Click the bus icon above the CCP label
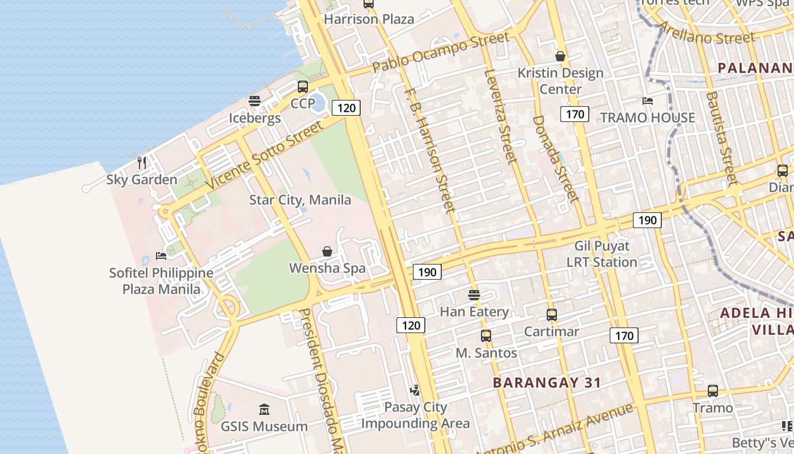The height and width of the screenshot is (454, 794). click(x=303, y=87)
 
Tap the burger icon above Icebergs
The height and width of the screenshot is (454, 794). click(x=255, y=102)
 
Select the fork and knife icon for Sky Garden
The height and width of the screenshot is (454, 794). click(x=142, y=163)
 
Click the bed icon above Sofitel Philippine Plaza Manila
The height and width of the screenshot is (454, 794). click(x=161, y=256)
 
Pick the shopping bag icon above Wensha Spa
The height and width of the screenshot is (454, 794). click(x=327, y=251)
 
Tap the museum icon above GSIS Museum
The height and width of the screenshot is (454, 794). click(x=264, y=409)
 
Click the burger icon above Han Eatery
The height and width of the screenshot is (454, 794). click(x=474, y=295)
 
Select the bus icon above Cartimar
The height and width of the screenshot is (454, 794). click(x=551, y=314)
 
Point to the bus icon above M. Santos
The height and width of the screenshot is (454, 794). click(x=486, y=336)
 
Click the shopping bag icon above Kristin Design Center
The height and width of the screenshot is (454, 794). click(x=560, y=56)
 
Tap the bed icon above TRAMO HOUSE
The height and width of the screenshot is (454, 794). click(x=648, y=101)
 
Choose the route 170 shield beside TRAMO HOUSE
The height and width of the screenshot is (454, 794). click(x=575, y=114)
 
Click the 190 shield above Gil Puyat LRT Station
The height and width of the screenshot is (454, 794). click(x=647, y=220)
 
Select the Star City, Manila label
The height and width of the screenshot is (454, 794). click(x=300, y=200)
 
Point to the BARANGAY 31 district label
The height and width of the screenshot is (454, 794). click(x=547, y=382)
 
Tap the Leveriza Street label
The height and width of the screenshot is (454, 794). click(x=501, y=116)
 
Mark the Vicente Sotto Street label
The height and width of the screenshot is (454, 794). click(x=265, y=154)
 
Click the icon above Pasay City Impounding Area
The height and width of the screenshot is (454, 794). click(x=416, y=390)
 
